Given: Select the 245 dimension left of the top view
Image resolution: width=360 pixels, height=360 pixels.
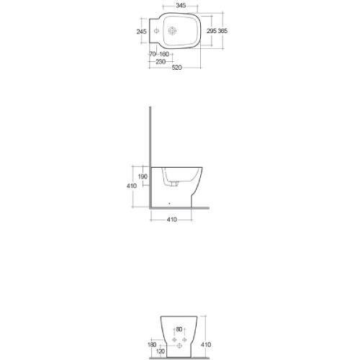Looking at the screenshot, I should pos(141,32).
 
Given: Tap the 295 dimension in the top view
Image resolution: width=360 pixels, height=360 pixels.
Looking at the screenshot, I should pos(211,32).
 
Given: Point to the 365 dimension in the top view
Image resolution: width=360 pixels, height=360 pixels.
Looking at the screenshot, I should pos(222,32).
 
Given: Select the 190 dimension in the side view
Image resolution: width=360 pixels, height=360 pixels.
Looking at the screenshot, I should pos(143,176).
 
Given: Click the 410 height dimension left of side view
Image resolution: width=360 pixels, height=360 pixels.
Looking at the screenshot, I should pos(131,186).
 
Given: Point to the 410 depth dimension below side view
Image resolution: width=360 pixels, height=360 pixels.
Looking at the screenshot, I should pos(172,218).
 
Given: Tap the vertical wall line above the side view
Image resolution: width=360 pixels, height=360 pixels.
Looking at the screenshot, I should pos(149,137).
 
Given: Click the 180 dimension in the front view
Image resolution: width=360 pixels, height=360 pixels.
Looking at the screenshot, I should pos(151,345).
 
